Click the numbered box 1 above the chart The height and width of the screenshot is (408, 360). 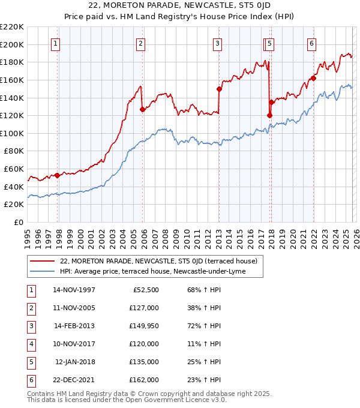pyautogui.click(x=55, y=43)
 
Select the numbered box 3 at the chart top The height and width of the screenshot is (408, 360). pyautogui.click(x=217, y=43)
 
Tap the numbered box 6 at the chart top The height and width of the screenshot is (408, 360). pyautogui.click(x=311, y=43)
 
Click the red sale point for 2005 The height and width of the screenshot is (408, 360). pyautogui.click(x=143, y=109)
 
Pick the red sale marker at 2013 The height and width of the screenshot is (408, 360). pyautogui.click(x=219, y=89)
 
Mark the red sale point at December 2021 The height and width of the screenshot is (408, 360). pyautogui.click(x=313, y=78)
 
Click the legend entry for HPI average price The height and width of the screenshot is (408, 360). pyautogui.click(x=161, y=272)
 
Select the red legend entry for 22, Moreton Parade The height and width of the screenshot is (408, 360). pyautogui.click(x=158, y=261)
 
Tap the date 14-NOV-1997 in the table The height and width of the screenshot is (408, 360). pyautogui.click(x=74, y=290)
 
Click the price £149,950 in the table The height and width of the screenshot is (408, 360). pyautogui.click(x=144, y=326)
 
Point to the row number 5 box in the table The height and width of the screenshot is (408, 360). pyautogui.click(x=30, y=362)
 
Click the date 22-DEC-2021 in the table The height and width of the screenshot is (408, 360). pyautogui.click(x=74, y=380)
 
